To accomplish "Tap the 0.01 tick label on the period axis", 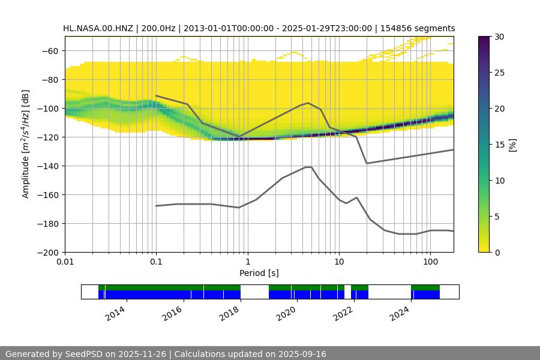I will point(65,263).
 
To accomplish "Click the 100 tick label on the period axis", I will point(430,263).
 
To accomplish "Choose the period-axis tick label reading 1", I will point(247,263).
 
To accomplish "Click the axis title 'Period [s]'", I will point(259,274).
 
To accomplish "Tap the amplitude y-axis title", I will point(26,145).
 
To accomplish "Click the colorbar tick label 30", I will point(499,37).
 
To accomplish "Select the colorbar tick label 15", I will point(499,145).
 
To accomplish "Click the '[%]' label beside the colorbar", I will point(512,145).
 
